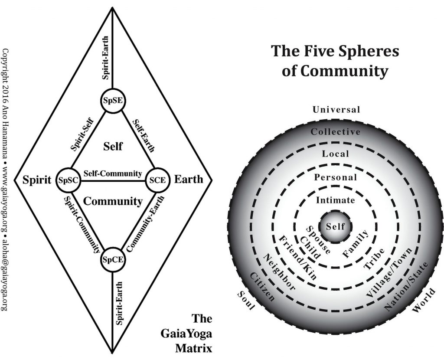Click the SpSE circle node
[113, 100]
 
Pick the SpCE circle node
[113, 260]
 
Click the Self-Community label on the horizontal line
[113, 173]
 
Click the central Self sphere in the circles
[335, 226]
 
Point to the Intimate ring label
[335, 200]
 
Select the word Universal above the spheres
[336, 110]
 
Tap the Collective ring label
[335, 131]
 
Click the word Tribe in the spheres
[372, 259]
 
